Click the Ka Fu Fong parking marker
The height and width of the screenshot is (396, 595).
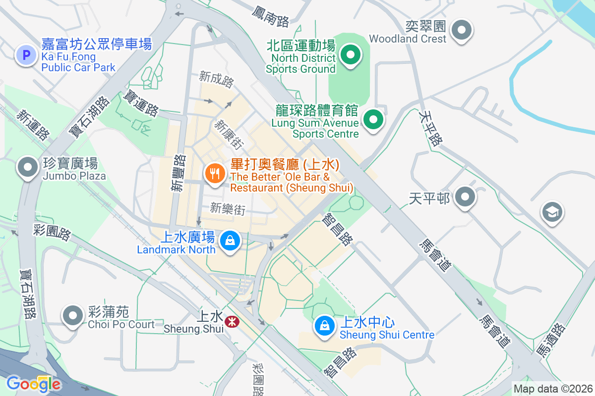[27, 55]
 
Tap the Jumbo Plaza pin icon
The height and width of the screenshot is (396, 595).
[28, 167]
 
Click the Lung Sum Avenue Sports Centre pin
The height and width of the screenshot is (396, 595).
[373, 119]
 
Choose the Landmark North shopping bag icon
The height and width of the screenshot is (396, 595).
[230, 241]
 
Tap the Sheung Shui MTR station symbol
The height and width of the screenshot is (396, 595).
[231, 322]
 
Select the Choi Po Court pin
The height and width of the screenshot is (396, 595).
[73, 315]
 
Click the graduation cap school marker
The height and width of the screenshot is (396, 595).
[551, 212]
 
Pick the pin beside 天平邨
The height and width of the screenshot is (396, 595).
[465, 198]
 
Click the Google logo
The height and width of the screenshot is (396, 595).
[34, 384]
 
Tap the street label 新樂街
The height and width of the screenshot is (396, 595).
[228, 209]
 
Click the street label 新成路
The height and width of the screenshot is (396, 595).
[217, 79]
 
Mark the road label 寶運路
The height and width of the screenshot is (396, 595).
[141, 103]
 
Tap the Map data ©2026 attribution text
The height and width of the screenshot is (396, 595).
[552, 389]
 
